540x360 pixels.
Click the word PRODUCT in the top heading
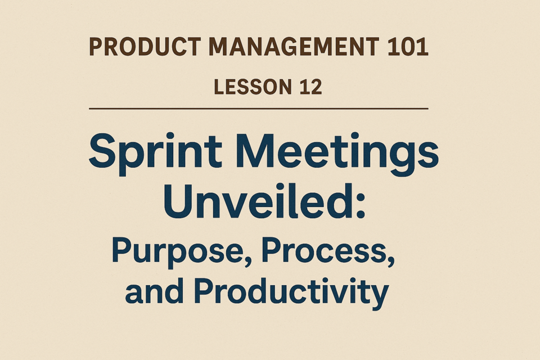(145, 47)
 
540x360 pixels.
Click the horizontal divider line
(259, 109)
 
